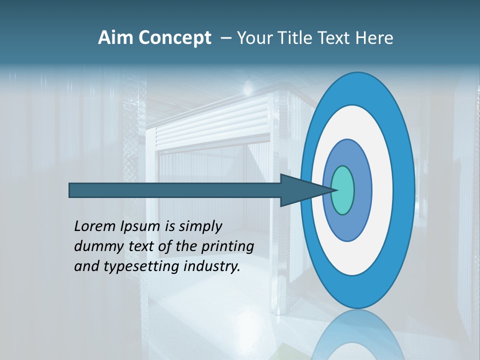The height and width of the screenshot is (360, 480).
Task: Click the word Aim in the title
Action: point(114,38)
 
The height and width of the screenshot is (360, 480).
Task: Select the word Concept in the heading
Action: point(174,38)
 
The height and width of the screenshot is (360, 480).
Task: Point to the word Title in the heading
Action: point(296,38)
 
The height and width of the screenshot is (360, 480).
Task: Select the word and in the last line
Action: point(86,266)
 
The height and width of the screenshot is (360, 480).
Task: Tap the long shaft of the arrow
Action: point(175,190)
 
